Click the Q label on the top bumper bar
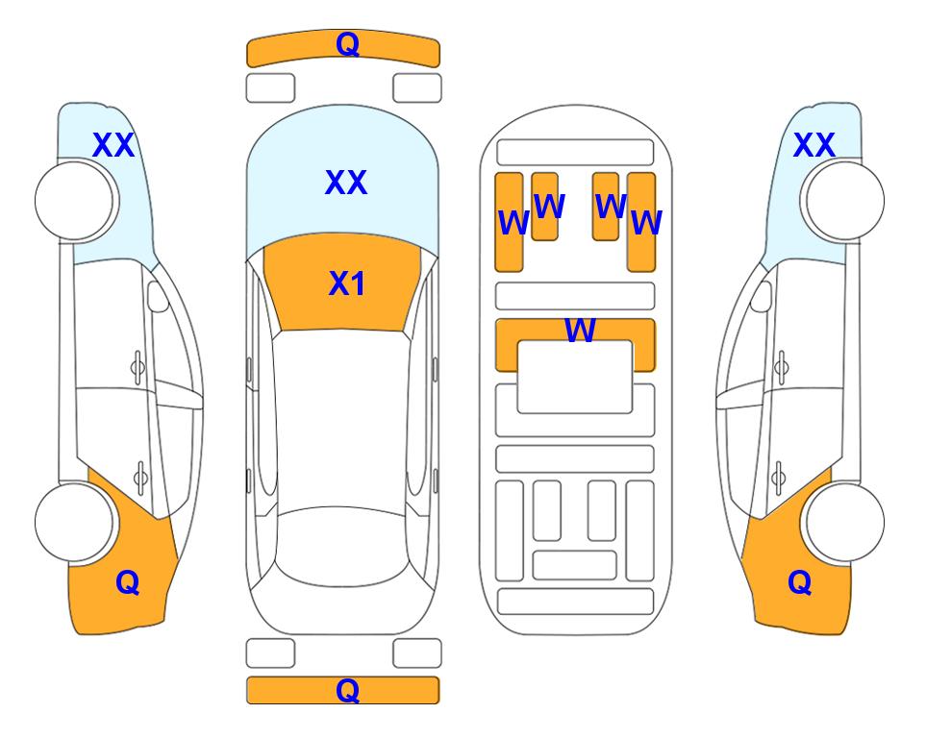pos(347,44)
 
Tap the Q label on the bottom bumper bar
pos(347,690)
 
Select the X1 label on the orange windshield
pos(347,283)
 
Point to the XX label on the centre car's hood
pos(346,182)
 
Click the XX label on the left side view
pos(113,145)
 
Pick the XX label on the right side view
pos(813,145)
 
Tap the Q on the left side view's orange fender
pos(128,582)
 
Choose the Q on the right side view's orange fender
pos(800,582)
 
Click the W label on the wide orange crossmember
pos(580,330)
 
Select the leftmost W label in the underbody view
pos(513,223)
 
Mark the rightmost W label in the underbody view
pos(647,223)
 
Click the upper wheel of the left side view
pos(74,201)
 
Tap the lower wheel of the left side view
pos(74,522)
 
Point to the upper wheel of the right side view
pos(845,201)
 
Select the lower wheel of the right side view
pos(845,522)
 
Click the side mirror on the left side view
pos(158,296)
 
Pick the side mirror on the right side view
pos(762,296)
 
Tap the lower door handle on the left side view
pos(140,478)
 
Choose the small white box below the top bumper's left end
pos(270,88)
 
